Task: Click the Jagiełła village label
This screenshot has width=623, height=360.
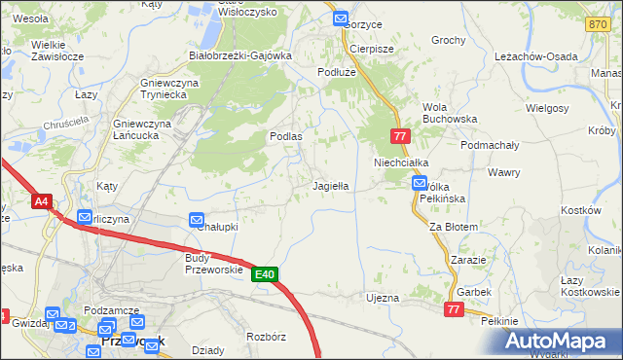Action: point(330,184)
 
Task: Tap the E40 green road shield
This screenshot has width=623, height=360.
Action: point(266,275)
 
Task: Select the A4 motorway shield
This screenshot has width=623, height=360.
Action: point(41,202)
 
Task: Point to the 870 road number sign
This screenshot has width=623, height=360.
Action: point(598,23)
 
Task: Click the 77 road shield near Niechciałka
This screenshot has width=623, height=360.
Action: point(399,137)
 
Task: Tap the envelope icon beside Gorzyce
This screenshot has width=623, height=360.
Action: point(341,18)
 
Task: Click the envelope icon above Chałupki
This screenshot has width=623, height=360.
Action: point(196,221)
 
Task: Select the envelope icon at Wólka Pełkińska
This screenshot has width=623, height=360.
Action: point(420,182)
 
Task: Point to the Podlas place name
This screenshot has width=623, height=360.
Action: point(285,136)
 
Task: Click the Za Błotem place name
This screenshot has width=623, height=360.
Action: point(454,226)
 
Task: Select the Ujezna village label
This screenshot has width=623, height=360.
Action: point(382,297)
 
